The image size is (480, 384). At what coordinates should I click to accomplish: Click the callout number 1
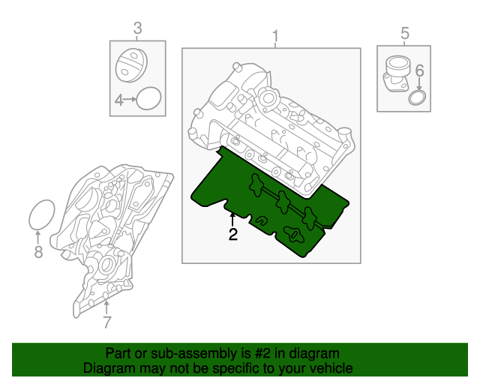[275, 36]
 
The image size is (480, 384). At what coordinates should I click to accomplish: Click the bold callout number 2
[232, 235]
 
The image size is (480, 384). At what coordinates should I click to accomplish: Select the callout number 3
[137, 28]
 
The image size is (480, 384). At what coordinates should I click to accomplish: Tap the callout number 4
[118, 100]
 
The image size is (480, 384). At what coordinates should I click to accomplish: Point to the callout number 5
[405, 33]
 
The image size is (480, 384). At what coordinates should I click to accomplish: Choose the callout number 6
[419, 71]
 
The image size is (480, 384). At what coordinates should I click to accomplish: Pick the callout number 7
[106, 322]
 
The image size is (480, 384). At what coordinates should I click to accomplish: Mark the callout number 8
[39, 252]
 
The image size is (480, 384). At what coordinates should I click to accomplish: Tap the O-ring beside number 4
[150, 99]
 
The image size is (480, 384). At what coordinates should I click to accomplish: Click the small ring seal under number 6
[417, 99]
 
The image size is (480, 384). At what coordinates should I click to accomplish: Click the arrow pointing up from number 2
[232, 218]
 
